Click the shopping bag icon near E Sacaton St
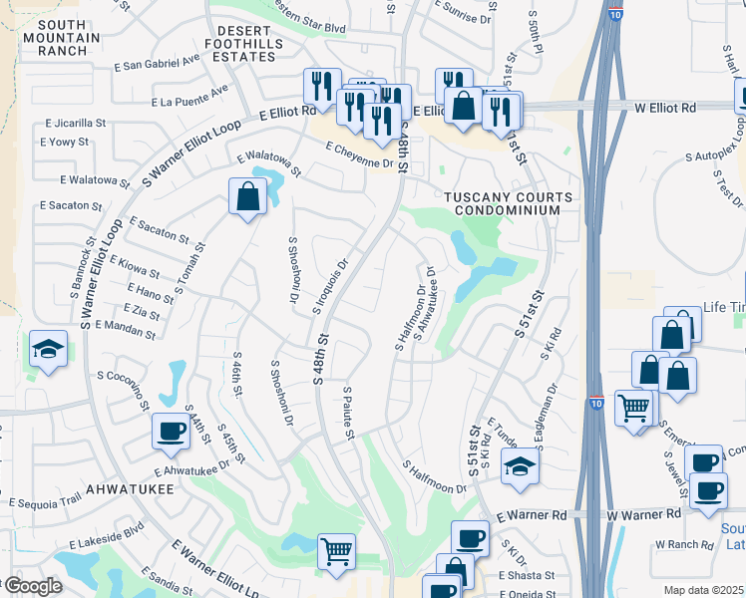click(247, 196)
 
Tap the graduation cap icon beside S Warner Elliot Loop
click(48, 350)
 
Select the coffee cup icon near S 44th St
click(171, 431)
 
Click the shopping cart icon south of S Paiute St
click(337, 551)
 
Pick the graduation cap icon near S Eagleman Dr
click(520, 468)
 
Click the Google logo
click(33, 586)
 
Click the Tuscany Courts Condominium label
click(509, 203)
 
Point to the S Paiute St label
click(348, 413)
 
